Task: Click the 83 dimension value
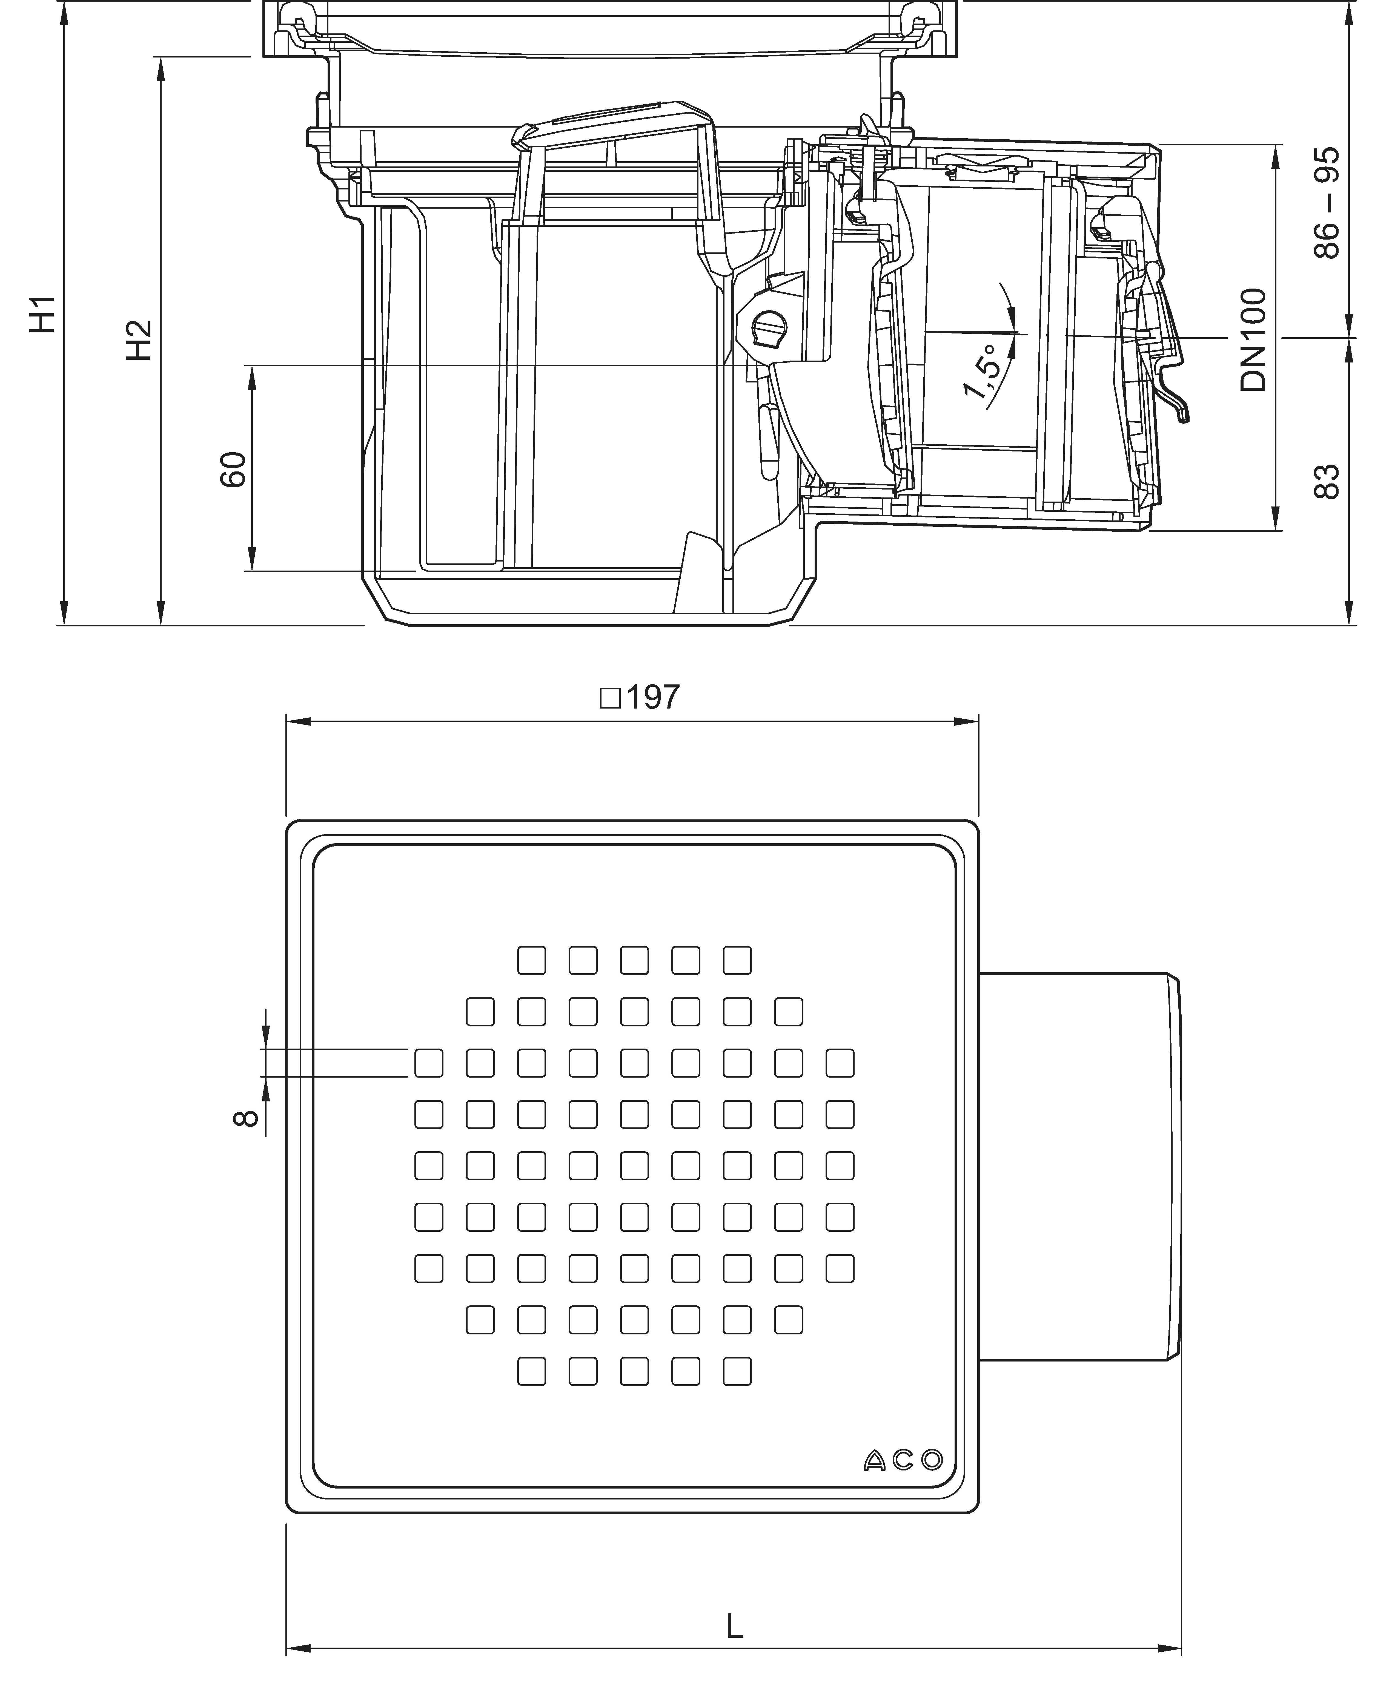click(1326, 481)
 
